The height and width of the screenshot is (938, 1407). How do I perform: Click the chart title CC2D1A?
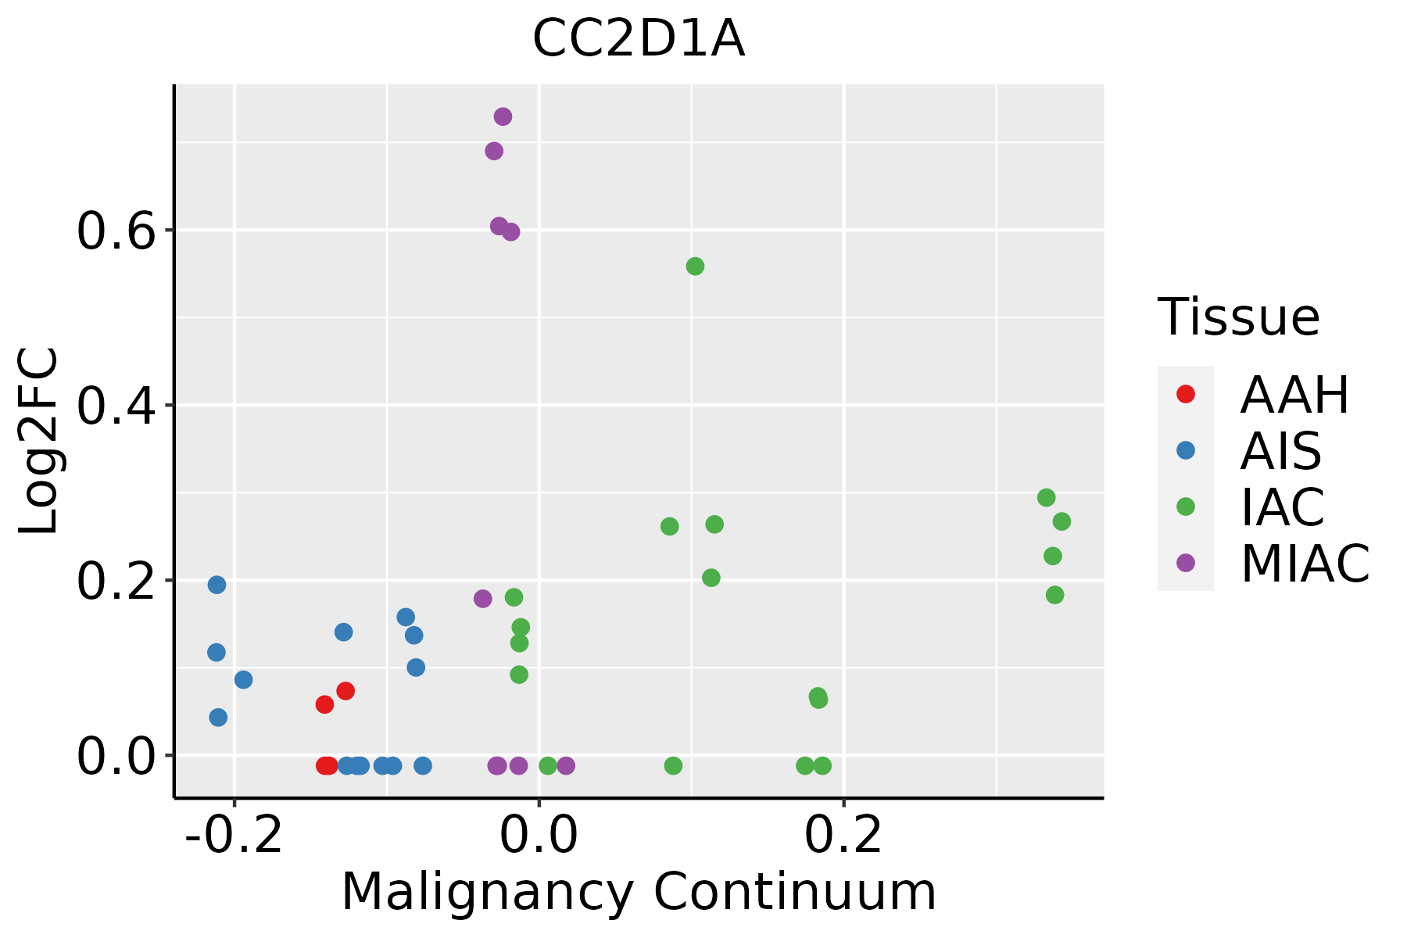tap(639, 39)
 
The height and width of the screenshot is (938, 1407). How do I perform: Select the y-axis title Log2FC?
tap(39, 442)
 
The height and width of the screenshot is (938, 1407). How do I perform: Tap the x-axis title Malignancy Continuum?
tap(639, 892)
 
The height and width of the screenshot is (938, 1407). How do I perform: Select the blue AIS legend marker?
tap(1186, 450)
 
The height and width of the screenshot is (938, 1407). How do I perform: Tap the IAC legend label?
tap(1282, 507)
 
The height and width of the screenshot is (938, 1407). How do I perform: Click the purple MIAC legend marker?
tap(1186, 563)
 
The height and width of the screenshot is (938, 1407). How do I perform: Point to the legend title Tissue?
tap(1239, 317)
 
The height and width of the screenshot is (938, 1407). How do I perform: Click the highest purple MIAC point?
tap(503, 116)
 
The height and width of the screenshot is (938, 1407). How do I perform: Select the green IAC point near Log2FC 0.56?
tap(695, 267)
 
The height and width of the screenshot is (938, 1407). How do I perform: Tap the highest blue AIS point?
tap(217, 585)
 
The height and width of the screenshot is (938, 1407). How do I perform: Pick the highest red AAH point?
tap(345, 691)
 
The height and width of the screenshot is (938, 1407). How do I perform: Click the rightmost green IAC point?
tap(1062, 521)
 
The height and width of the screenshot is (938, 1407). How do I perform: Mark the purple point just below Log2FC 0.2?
tap(482, 599)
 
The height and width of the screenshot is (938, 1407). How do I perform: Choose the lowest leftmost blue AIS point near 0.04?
tap(218, 718)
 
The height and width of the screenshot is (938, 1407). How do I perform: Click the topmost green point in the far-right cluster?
tap(1046, 498)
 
